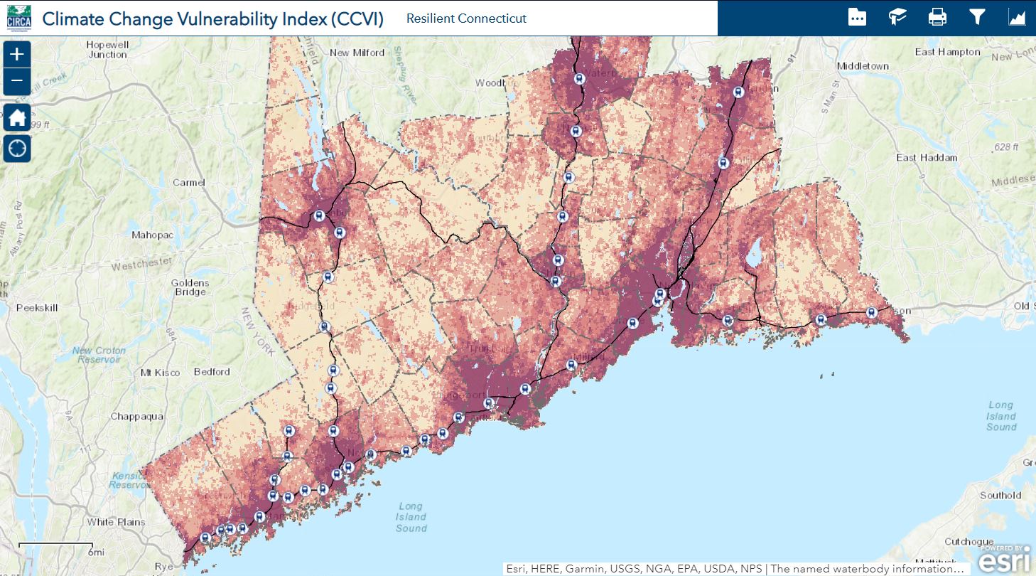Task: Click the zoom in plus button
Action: click(17, 54)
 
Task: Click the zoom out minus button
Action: click(17, 81)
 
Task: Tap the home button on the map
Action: click(17, 117)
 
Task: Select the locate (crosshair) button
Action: click(17, 148)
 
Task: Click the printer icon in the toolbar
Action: click(937, 17)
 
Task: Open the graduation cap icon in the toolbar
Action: click(897, 17)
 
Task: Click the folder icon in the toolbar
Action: click(858, 17)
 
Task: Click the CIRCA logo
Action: click(18, 18)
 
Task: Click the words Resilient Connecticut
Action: click(466, 18)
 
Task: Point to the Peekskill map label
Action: click(37, 308)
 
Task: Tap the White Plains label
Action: click(116, 522)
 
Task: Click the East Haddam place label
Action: click(927, 157)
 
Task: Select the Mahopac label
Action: click(153, 235)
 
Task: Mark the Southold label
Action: click(1000, 496)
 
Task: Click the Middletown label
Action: click(863, 66)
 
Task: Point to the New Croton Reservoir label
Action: click(99, 355)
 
